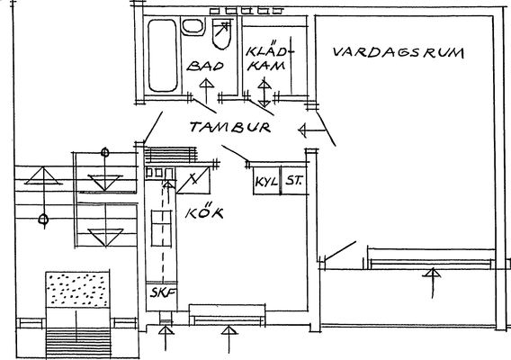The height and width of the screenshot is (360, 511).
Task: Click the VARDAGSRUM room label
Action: point(399,53)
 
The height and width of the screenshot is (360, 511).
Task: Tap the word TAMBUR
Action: point(230,127)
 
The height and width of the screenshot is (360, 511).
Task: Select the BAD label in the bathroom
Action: point(205,66)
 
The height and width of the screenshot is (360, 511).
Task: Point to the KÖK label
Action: point(204,211)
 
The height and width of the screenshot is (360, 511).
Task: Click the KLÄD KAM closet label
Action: point(266,58)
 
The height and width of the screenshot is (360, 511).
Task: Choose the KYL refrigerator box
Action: point(267,181)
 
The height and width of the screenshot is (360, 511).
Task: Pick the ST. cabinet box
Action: point(294,181)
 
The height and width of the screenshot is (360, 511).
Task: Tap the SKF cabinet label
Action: point(163,292)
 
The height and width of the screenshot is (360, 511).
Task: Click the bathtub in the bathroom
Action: point(163,56)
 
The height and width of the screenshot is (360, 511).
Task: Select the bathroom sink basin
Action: point(193,26)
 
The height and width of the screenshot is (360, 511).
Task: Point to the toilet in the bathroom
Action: point(221,33)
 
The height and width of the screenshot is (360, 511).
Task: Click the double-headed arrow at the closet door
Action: point(264,93)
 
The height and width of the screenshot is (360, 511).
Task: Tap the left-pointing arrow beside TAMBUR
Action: point(313,130)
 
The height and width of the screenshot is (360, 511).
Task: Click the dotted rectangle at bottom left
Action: point(77,290)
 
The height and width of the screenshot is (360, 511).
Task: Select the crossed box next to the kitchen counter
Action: point(193,180)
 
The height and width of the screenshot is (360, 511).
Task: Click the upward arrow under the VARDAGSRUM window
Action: point(432,283)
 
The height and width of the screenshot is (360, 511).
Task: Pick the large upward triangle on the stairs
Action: point(43,176)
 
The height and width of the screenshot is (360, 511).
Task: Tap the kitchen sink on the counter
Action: point(161,229)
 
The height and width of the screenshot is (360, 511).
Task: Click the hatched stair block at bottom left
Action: point(78,344)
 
